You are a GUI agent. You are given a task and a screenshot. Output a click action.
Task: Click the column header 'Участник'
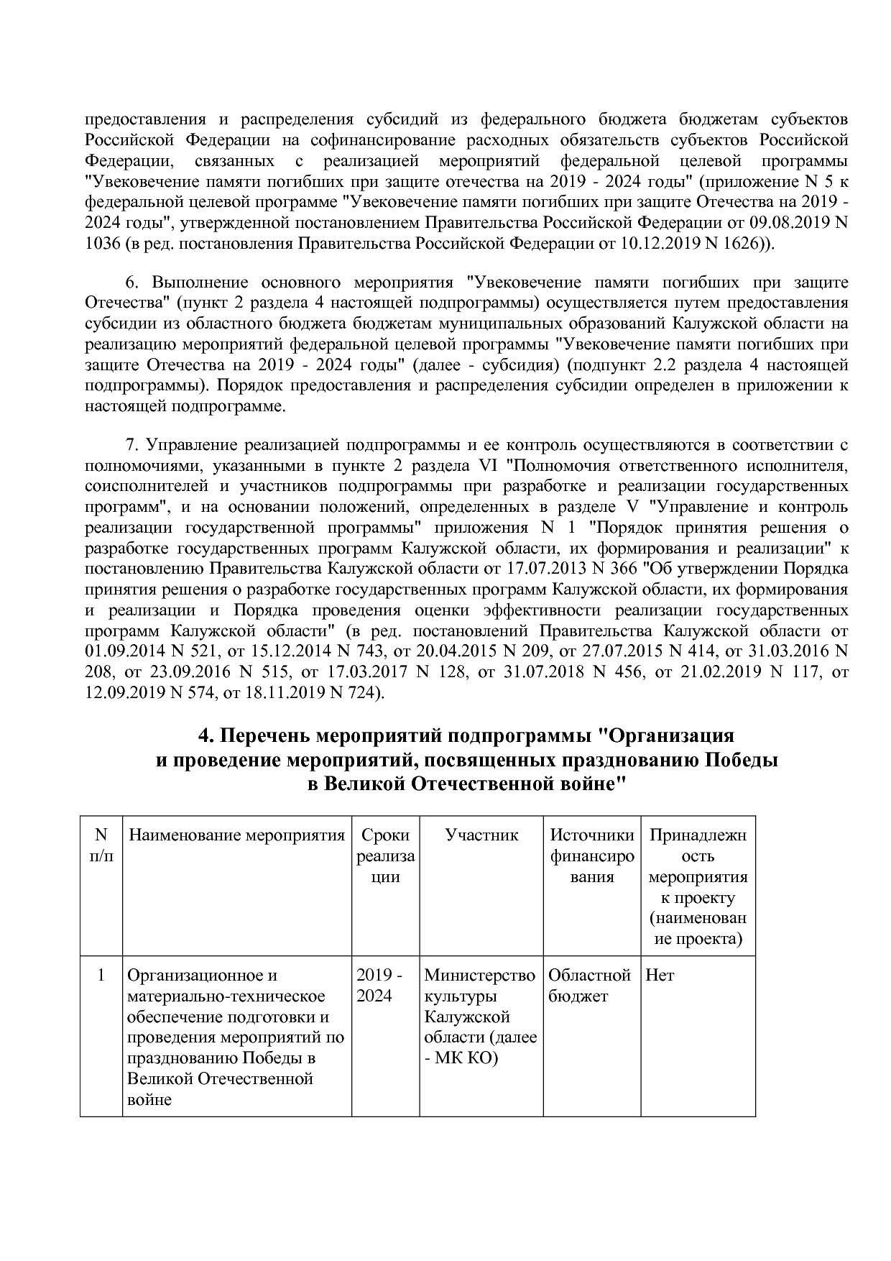(x=481, y=835)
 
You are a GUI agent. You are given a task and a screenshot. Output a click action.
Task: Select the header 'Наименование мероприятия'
(x=236, y=835)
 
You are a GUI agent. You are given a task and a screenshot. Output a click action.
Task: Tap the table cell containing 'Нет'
(x=660, y=976)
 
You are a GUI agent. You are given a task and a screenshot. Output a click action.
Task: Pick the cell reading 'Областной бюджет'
(x=589, y=986)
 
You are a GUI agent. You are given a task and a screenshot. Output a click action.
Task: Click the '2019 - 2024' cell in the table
(x=379, y=986)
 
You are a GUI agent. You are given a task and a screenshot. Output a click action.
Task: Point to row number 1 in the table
(x=101, y=976)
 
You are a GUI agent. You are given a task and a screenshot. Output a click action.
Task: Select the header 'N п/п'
(x=101, y=845)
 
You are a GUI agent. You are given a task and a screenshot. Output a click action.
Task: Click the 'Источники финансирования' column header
(x=591, y=856)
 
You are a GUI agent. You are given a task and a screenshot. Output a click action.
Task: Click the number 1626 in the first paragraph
(x=735, y=244)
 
